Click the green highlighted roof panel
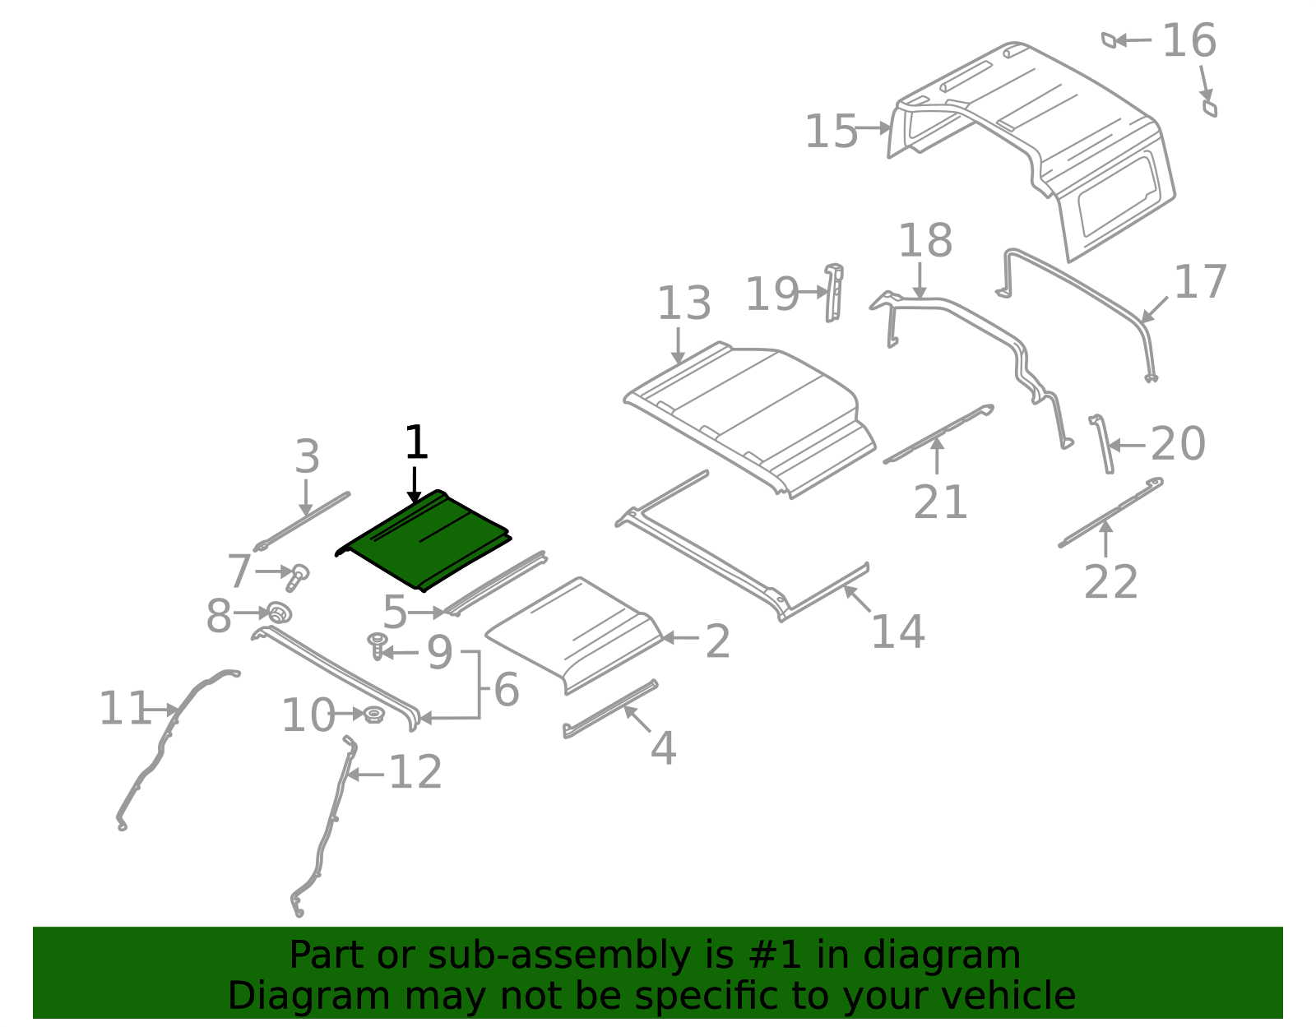click(x=424, y=539)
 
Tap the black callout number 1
click(x=416, y=443)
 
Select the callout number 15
click(x=831, y=132)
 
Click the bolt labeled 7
click(x=297, y=576)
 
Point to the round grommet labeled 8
click(x=280, y=613)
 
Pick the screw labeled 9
click(x=378, y=644)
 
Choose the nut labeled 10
click(x=373, y=715)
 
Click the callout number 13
click(x=683, y=303)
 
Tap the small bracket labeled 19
click(x=834, y=293)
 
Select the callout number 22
click(x=1110, y=582)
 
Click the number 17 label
click(x=1200, y=282)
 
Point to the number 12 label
click(x=415, y=773)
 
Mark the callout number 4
click(x=663, y=748)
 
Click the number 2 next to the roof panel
click(x=717, y=641)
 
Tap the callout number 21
click(x=940, y=502)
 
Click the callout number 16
click(x=1189, y=40)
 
